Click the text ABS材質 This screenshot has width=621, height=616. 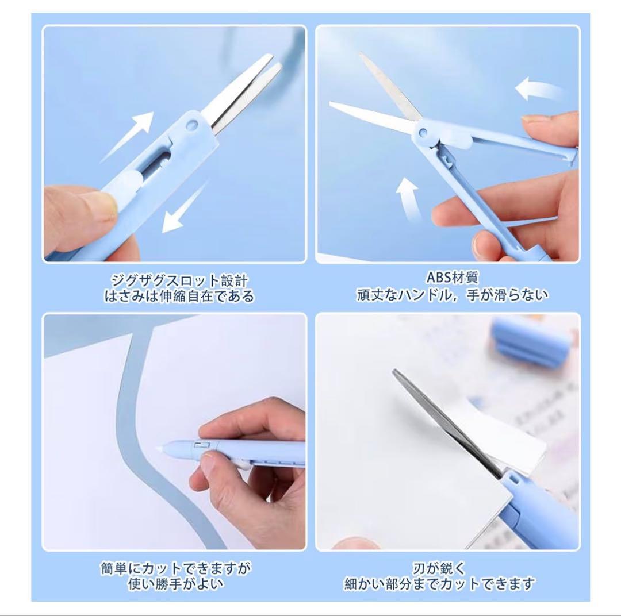(451, 277)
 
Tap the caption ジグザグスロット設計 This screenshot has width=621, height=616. (179, 280)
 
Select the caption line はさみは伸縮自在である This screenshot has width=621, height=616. (179, 296)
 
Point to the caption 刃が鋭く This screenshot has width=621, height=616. (439, 569)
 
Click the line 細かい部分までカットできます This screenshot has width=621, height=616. (439, 584)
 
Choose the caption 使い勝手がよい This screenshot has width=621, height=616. (175, 584)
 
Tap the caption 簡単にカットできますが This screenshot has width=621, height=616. (176, 569)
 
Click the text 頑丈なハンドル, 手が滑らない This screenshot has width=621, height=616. (453, 295)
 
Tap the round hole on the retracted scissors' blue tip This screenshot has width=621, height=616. (193, 124)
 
